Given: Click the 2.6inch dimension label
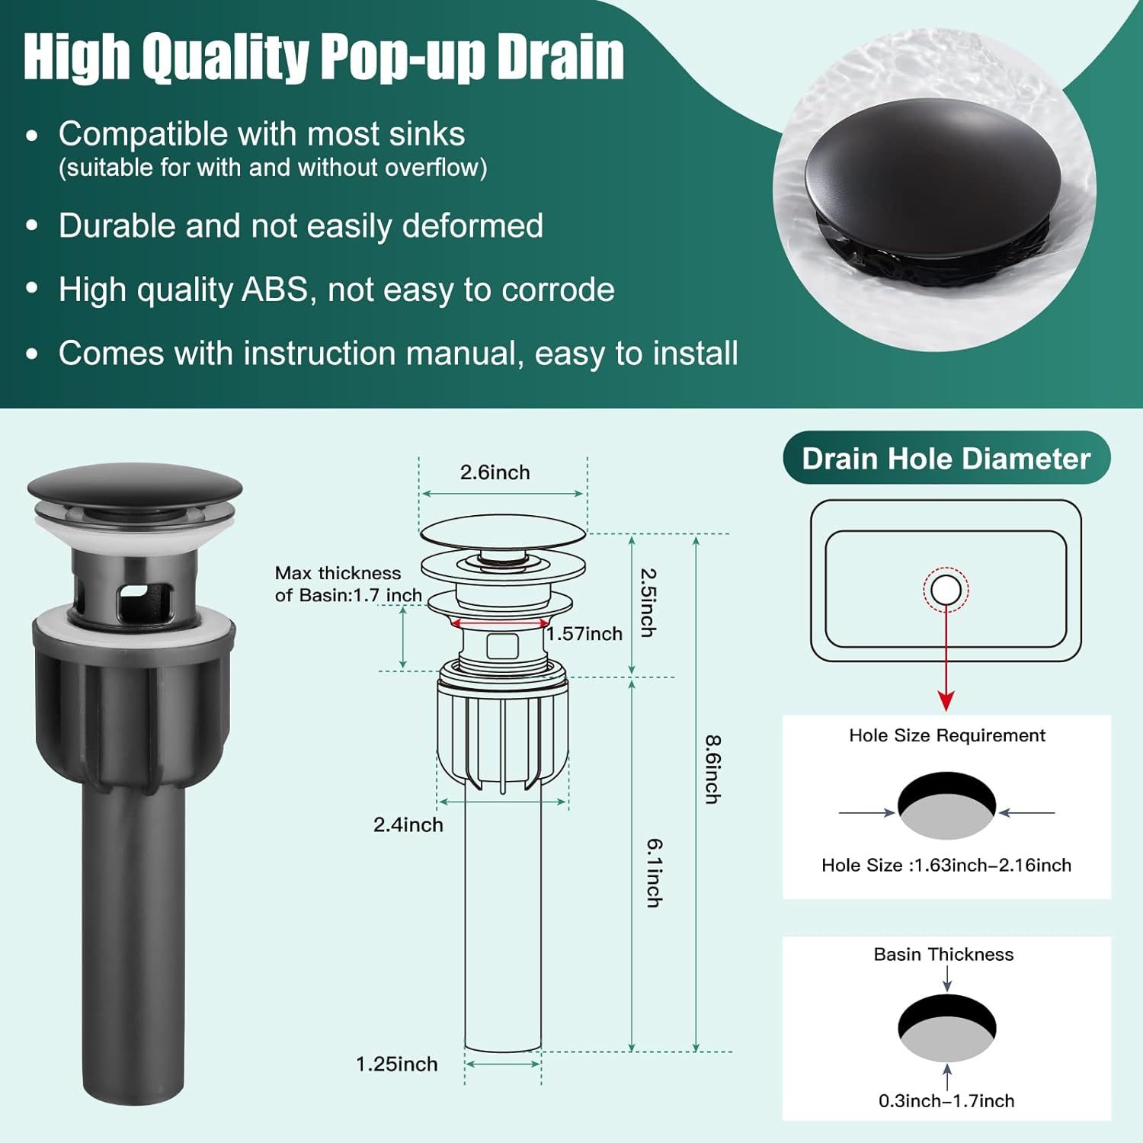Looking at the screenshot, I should [x=495, y=472].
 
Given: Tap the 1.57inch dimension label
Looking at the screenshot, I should [x=584, y=634].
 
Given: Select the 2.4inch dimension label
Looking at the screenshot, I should [x=408, y=824].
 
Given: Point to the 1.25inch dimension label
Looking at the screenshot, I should [x=396, y=1064].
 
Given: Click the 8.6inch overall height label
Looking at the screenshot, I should [x=712, y=769].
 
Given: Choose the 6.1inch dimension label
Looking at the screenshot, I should [x=654, y=872].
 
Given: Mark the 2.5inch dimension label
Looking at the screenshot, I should [x=647, y=602].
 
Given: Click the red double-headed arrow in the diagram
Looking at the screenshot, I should [x=499, y=623].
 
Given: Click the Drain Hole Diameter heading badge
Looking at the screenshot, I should [x=946, y=459].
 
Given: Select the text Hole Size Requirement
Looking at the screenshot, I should [x=946, y=735].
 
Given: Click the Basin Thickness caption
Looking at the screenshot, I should [x=943, y=954].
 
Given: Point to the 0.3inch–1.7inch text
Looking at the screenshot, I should [x=946, y=1100].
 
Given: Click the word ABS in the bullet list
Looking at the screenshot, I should [x=274, y=290].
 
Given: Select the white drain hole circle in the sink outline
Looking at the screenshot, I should [x=946, y=590].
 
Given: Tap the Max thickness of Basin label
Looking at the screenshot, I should [x=348, y=584].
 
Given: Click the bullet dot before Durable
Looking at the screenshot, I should [x=32, y=226].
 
